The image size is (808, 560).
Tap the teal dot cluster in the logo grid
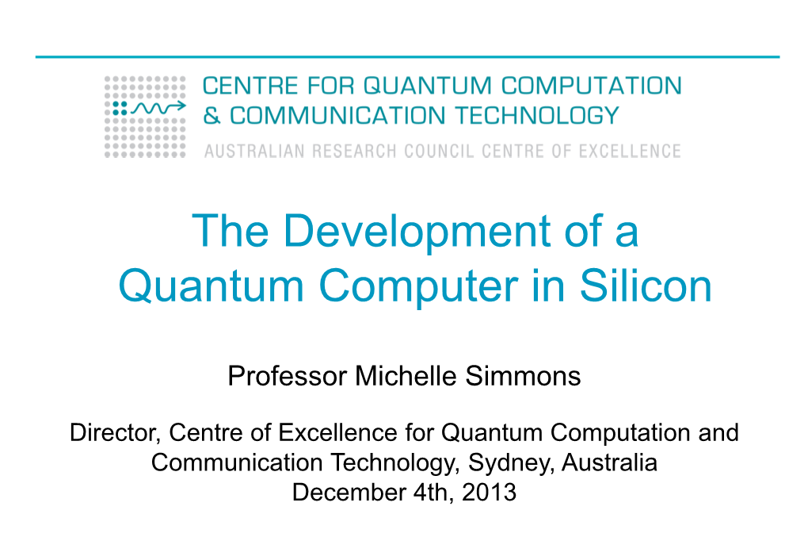(120, 108)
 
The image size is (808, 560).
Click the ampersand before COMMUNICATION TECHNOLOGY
(212, 116)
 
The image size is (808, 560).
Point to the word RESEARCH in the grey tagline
(355, 152)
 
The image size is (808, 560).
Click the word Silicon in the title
(646, 286)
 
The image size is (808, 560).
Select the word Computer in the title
(419, 286)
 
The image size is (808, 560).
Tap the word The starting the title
(231, 230)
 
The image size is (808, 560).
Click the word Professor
(287, 376)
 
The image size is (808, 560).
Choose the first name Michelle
(406, 375)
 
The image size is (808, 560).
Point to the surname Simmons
(523, 375)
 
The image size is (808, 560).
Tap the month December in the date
(349, 492)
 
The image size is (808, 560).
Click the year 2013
(489, 492)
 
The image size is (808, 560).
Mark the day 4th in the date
(433, 492)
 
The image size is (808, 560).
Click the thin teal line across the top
(407, 57)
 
